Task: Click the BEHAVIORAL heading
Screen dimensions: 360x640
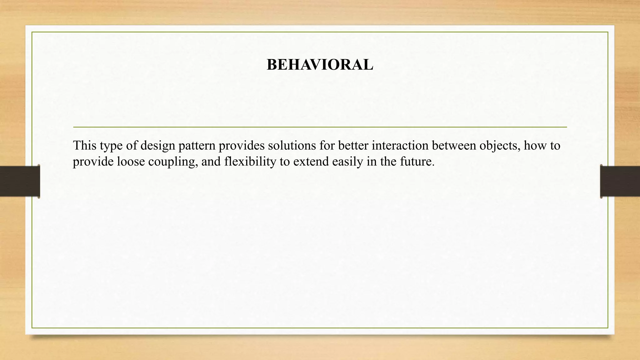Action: point(320,65)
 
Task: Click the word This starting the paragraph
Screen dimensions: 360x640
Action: point(84,146)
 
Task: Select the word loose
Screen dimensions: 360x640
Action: point(131,162)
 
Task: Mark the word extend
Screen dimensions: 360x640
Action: point(311,162)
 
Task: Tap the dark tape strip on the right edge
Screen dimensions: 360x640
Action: point(620,181)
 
